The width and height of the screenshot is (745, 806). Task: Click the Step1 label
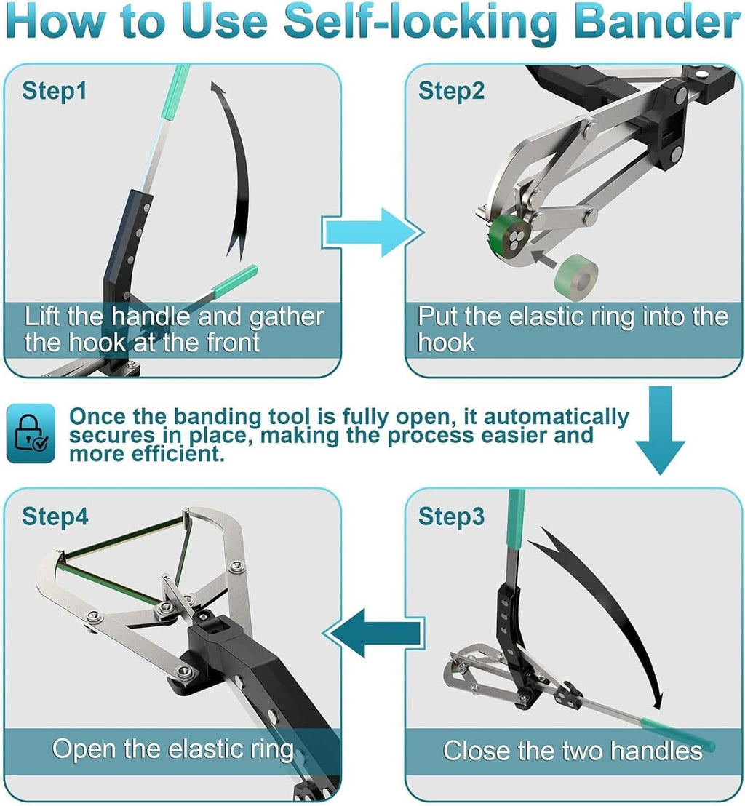[x=55, y=92]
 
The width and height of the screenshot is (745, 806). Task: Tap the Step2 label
[x=451, y=92]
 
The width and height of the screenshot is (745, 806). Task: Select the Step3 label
[x=451, y=516]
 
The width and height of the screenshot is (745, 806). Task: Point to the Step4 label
[x=55, y=516]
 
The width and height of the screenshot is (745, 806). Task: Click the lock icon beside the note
[x=31, y=434]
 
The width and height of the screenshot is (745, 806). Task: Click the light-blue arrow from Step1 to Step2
[x=371, y=232]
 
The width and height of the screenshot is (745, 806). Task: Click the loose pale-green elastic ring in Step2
[x=575, y=276]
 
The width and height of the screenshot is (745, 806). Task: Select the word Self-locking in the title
[x=420, y=23]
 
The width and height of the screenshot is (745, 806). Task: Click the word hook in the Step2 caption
[x=446, y=343]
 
